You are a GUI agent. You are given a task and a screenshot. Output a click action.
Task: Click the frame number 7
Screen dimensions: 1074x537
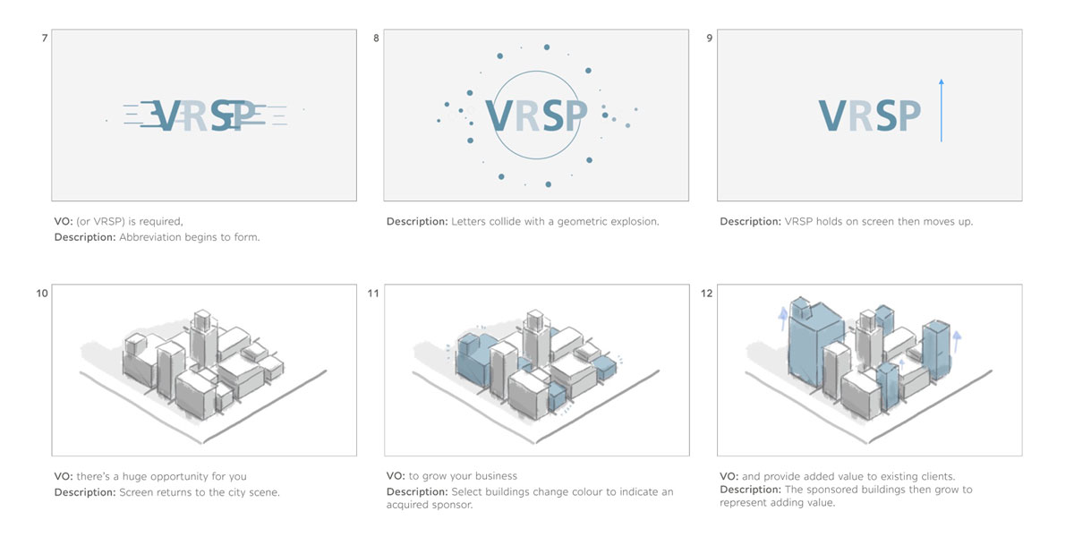45,38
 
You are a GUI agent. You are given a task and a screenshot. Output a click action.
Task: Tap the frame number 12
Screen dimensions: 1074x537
706,293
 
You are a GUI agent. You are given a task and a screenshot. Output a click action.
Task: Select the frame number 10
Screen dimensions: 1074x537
42,293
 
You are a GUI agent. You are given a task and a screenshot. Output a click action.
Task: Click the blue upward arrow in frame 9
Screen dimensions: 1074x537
942,110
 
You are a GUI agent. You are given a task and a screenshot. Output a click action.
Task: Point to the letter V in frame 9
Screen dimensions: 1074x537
832,115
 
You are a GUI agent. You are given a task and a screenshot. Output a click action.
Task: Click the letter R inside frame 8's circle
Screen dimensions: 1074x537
528,115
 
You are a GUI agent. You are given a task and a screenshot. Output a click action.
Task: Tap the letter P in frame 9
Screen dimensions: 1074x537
910,115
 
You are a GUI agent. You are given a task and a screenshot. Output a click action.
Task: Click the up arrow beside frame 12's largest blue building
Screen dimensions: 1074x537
783,319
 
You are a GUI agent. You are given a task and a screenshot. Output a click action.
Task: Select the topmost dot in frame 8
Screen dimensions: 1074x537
547,47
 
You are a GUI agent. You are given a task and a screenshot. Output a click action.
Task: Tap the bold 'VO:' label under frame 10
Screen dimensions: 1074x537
64,476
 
